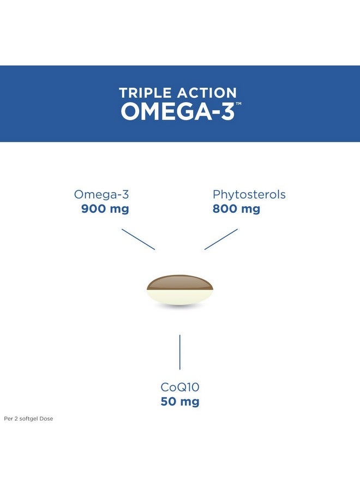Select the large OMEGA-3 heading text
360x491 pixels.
tap(177, 111)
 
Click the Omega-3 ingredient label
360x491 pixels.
tap(101, 194)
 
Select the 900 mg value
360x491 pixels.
tap(105, 208)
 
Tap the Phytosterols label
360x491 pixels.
tap(249, 194)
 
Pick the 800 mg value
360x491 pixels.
tap(236, 208)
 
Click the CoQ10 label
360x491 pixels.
tap(180, 387)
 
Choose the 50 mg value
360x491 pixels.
tap(180, 402)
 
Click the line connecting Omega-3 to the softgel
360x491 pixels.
tap(138, 239)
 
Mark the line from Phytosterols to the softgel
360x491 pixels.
tap(221, 239)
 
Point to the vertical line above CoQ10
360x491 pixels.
tap(180, 352)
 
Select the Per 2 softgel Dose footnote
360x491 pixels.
tap(28, 419)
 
